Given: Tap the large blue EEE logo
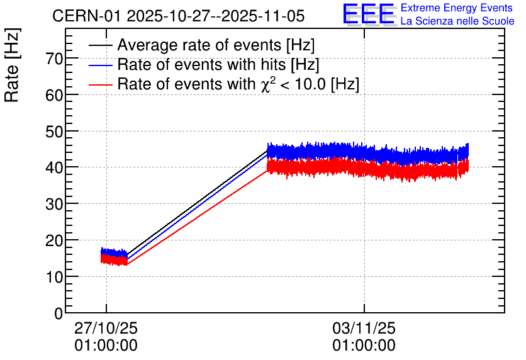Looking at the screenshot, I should pyautogui.click(x=369, y=14).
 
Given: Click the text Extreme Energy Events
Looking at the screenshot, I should pyautogui.click(x=457, y=8).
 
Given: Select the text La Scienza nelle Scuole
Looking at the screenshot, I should pyautogui.click(x=457, y=21).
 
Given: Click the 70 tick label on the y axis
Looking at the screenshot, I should pyautogui.click(x=53, y=59).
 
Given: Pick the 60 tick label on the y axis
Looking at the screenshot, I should pyautogui.click(x=53, y=95).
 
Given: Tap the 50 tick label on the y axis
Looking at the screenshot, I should pyautogui.click(x=53, y=132).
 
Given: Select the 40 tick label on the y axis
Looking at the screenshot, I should pyautogui.click(x=53, y=168).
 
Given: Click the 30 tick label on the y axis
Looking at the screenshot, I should pyautogui.click(x=53, y=204).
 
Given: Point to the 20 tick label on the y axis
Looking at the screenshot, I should pyautogui.click(x=53, y=240).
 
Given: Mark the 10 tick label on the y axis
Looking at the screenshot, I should pyautogui.click(x=53, y=277).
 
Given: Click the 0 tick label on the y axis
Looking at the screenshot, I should pyautogui.click(x=59, y=313).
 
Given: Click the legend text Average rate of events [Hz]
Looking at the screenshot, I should pyautogui.click(x=216, y=46).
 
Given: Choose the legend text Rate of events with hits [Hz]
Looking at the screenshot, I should pyautogui.click(x=218, y=65).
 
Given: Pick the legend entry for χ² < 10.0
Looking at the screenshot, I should pyautogui.click(x=238, y=84).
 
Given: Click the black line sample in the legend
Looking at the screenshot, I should pyautogui.click(x=101, y=46).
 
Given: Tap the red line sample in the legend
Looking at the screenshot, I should pyautogui.click(x=101, y=84).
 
